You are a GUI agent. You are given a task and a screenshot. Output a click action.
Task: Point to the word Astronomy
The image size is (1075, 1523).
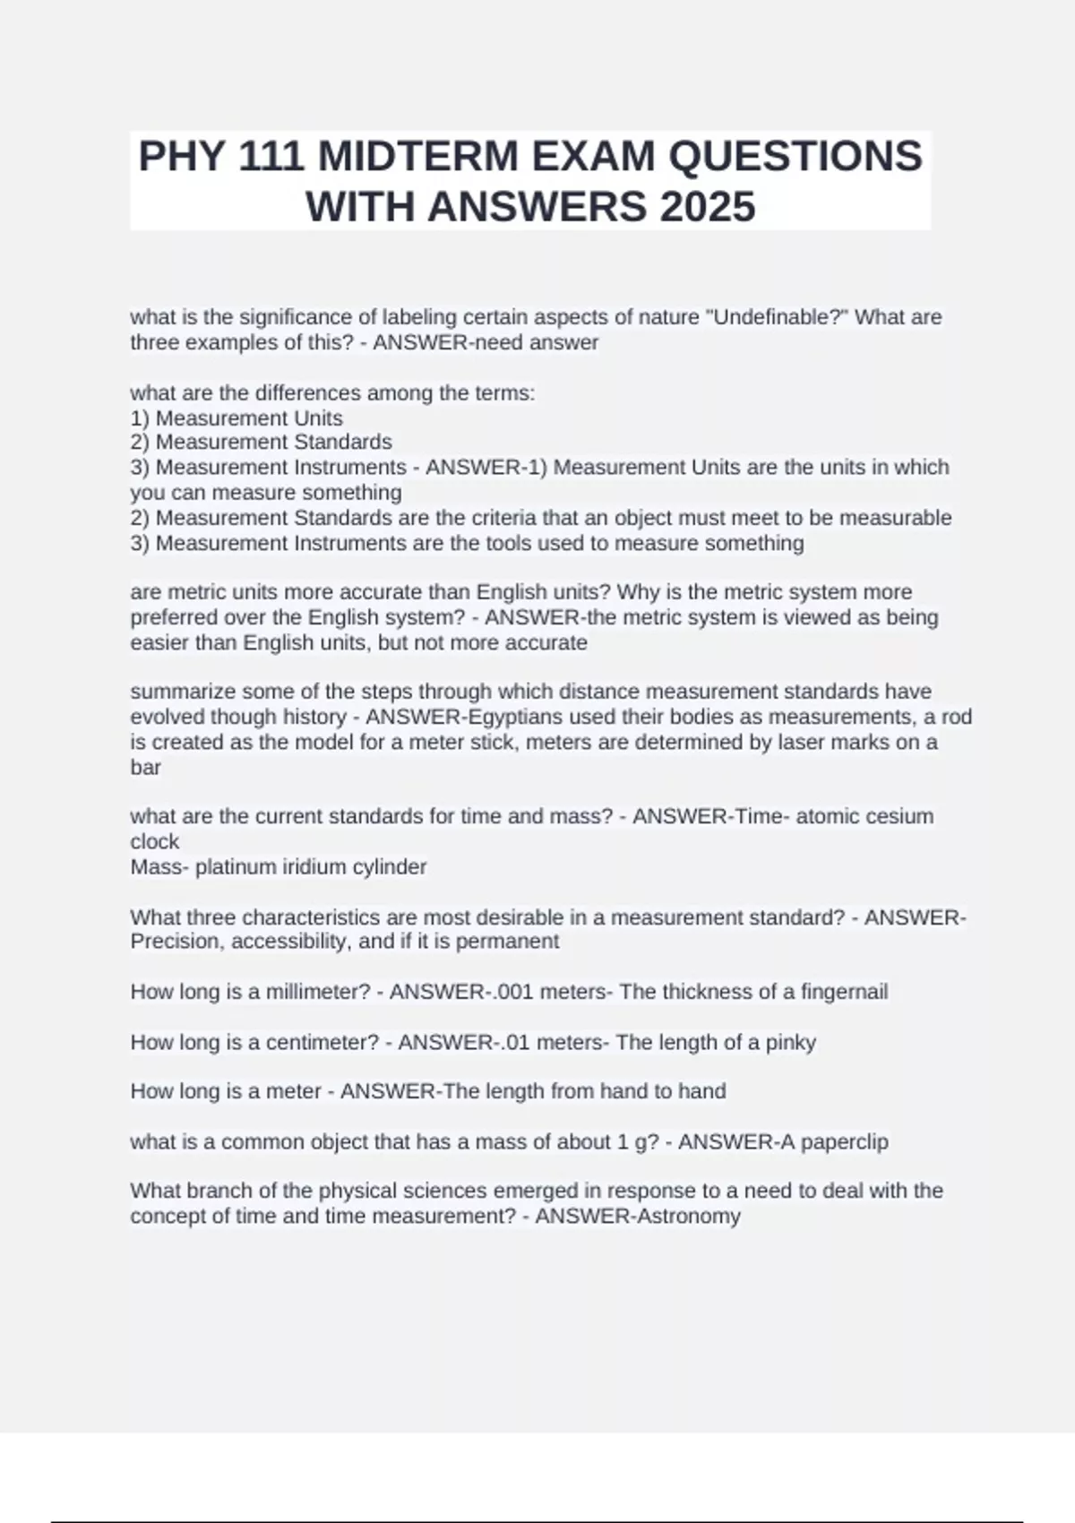[x=689, y=1217]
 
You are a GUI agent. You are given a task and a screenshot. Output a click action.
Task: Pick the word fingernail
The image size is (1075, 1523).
[x=844, y=992]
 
